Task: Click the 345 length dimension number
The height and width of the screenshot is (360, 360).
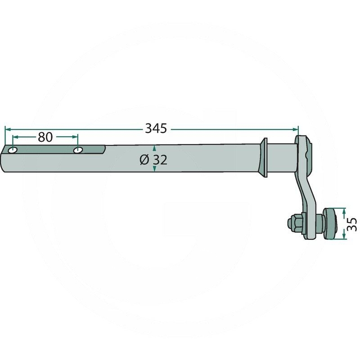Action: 156,129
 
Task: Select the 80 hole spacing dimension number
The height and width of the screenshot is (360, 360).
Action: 45,137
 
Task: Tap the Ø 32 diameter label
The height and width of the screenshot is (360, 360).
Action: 153,160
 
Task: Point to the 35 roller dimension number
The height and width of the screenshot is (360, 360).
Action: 352,224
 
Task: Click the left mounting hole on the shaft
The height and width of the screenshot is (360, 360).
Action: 13,150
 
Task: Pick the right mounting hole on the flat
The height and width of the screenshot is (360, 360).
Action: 78,150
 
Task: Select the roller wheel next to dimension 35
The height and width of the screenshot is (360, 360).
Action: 330,224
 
